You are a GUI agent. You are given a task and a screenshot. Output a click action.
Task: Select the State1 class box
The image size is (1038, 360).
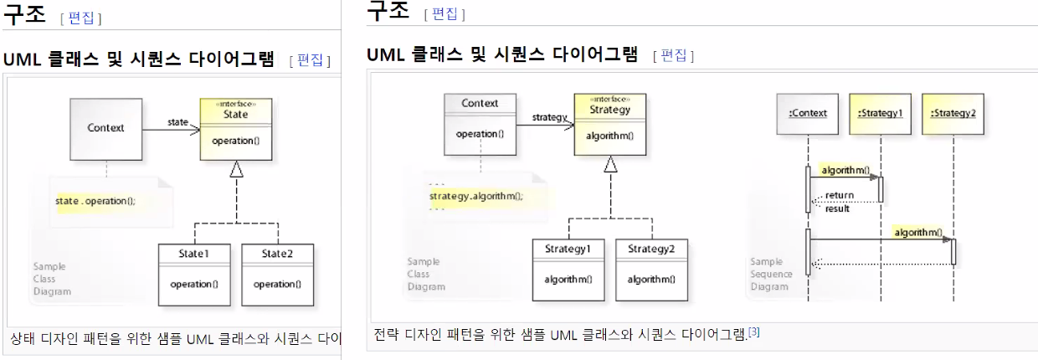194,274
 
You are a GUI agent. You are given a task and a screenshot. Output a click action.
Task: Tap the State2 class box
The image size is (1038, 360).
277,274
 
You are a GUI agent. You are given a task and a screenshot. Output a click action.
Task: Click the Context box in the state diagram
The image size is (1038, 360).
105,129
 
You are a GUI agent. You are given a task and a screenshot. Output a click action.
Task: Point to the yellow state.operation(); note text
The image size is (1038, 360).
95,201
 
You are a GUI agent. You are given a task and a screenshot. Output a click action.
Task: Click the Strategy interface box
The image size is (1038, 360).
610,123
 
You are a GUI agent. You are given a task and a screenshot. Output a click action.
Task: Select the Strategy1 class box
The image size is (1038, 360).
568,270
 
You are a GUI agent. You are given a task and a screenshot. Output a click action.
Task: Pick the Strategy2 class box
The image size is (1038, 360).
652,270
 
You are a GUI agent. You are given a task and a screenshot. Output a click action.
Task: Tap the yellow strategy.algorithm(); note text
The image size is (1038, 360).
475,196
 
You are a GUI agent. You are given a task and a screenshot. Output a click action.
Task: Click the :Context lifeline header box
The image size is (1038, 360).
808,113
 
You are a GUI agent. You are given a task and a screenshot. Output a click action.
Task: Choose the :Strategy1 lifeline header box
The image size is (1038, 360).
880,113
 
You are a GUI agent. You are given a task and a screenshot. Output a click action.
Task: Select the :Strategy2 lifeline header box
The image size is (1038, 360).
953,113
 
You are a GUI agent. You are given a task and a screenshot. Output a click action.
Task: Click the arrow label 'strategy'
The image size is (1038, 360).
550,117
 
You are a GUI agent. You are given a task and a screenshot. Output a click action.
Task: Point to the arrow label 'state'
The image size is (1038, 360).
178,122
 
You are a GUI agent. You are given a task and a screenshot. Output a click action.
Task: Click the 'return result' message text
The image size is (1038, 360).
839,202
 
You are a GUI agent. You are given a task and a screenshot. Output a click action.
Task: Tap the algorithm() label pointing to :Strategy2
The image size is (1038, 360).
917,232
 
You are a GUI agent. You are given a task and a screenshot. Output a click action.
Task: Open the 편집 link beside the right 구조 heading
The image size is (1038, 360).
444,13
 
